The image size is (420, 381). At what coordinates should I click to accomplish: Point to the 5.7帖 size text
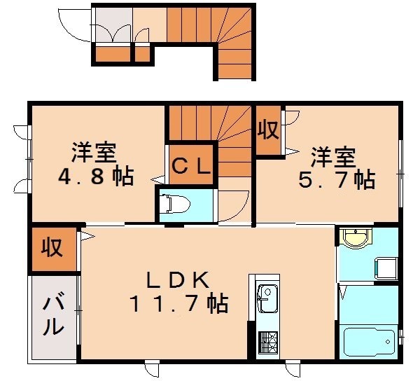click(337, 180)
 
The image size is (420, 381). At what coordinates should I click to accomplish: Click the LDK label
click(177, 279)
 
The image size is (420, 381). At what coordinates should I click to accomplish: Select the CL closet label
click(190, 166)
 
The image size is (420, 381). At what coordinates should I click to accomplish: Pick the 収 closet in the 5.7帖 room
click(267, 129)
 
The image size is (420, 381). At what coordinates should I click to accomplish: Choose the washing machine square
click(386, 267)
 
